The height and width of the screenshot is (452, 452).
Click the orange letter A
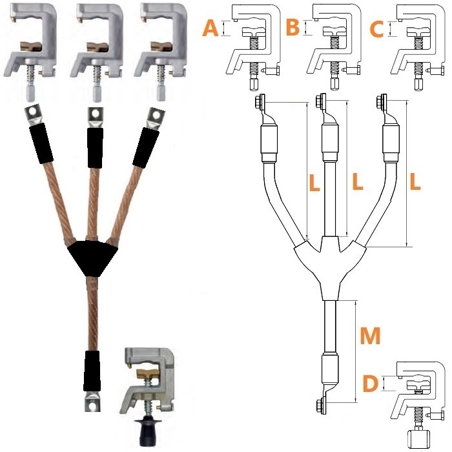point(210,28)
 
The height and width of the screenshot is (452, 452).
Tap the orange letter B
point(293,27)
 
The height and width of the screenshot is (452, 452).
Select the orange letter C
point(376,29)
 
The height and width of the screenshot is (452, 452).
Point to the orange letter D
point(370,384)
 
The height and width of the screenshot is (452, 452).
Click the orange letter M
point(371,336)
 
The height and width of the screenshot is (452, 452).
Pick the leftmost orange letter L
point(314,183)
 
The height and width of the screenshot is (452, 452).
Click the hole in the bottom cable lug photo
point(92,406)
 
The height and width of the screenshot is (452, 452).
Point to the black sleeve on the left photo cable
point(41,143)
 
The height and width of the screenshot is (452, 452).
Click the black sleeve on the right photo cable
point(146,148)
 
